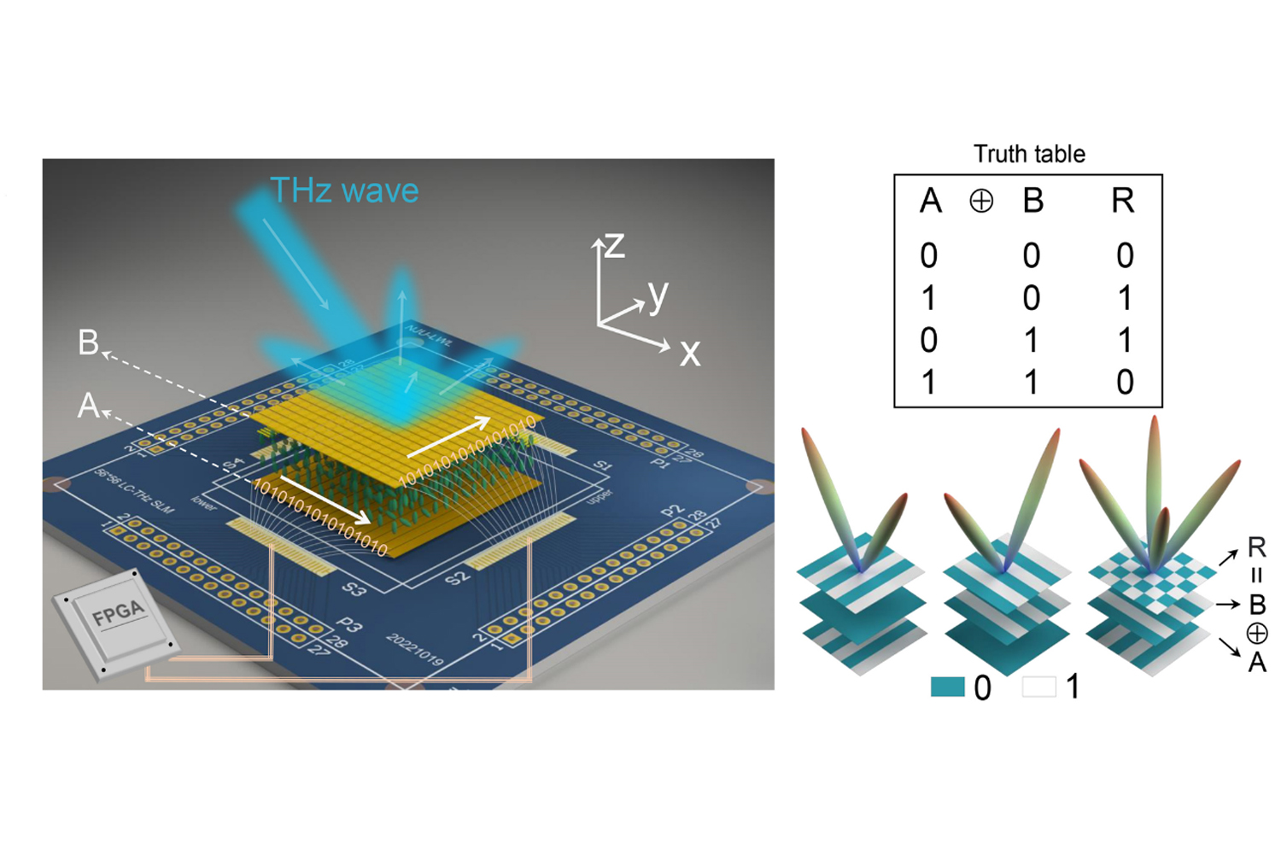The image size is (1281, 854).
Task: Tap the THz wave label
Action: coord(344,190)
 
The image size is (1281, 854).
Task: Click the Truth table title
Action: coord(1029,154)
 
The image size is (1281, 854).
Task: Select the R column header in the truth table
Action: coord(1122,202)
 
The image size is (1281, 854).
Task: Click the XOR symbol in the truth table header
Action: coord(981,202)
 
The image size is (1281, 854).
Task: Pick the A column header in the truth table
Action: coord(930,202)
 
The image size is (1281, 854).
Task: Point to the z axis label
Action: coord(615,246)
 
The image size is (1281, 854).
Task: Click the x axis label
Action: coord(690,352)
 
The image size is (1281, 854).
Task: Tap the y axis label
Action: coord(658,295)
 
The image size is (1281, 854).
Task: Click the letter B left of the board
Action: coord(88,342)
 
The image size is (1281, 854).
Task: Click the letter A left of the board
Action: coord(88,405)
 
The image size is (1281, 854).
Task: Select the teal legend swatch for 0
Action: coord(947,687)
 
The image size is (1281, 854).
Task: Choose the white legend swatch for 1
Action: coord(1038,687)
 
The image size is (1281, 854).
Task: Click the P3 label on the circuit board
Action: coord(350,626)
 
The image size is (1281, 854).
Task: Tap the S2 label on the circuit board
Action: coord(458,577)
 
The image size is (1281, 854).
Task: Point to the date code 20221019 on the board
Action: coord(415,650)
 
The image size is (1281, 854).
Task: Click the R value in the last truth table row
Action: coord(1125,382)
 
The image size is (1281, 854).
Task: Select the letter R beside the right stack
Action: coord(1256,547)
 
